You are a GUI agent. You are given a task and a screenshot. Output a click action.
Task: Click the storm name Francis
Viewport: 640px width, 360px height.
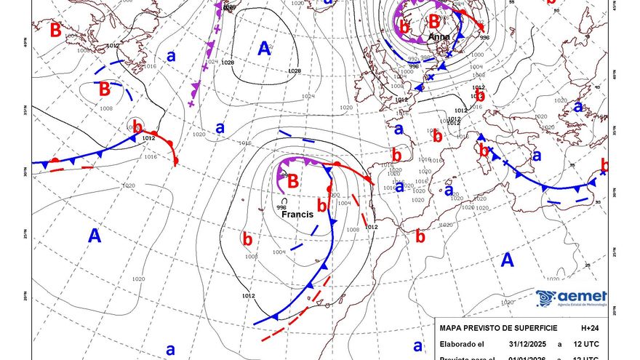(x=297, y=215)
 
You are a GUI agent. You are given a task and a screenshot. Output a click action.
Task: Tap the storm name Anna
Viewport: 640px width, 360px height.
(x=439, y=36)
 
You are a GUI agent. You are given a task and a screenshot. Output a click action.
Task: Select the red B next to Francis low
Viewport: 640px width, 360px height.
(x=293, y=181)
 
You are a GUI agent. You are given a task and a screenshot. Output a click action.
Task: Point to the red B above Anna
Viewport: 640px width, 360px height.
(x=434, y=20)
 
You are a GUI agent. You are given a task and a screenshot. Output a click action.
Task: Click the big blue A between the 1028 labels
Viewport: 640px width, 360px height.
(x=265, y=49)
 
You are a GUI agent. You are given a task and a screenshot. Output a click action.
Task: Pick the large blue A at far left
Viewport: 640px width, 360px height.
(x=95, y=235)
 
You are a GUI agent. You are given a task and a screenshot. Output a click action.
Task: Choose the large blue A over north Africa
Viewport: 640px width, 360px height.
(x=507, y=260)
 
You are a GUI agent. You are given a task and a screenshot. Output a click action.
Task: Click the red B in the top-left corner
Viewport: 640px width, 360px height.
(x=55, y=31)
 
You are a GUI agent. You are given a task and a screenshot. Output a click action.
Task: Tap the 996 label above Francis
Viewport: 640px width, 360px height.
(x=281, y=207)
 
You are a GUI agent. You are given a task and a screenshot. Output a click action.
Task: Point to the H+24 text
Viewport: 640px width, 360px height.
(x=591, y=328)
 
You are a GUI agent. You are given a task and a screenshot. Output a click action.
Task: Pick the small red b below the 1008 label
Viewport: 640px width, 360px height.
(x=247, y=238)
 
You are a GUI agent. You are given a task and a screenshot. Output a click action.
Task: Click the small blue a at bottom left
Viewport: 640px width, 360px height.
(x=170, y=349)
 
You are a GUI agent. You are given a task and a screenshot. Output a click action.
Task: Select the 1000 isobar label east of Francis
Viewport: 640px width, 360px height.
(x=334, y=195)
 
